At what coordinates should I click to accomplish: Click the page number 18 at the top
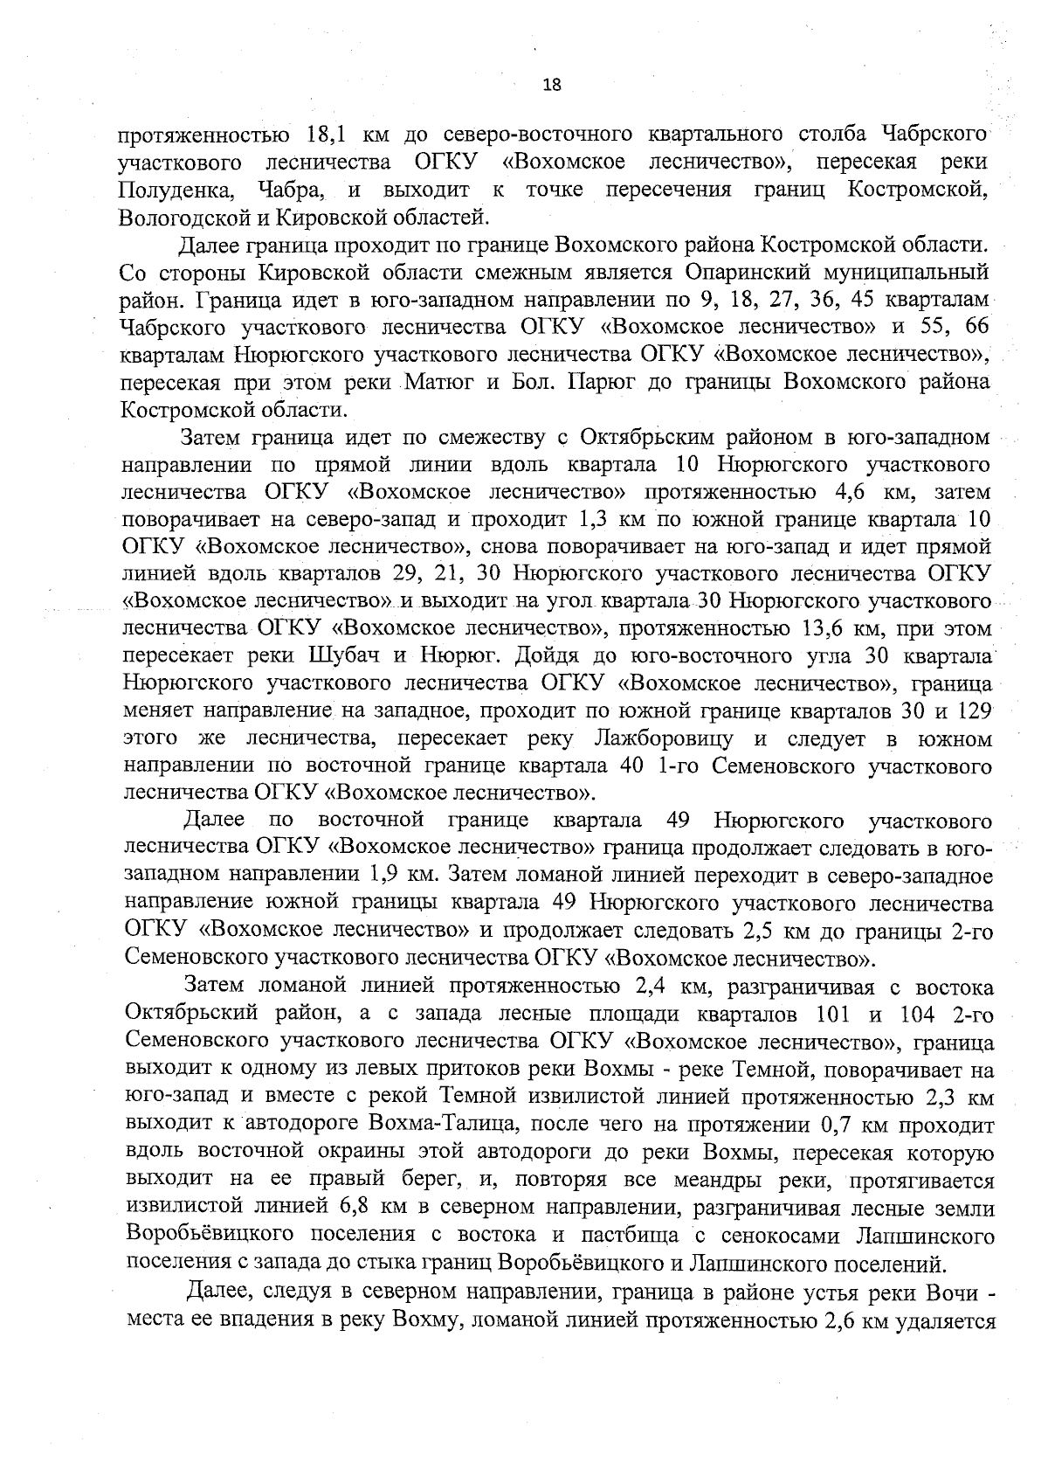tap(551, 85)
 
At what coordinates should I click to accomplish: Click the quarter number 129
tap(974, 711)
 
